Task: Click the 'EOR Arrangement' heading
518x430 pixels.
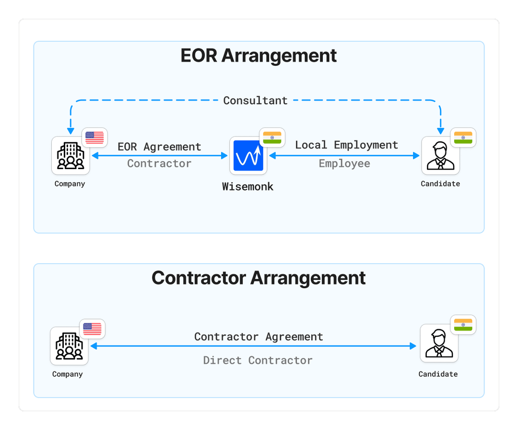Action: click(259, 56)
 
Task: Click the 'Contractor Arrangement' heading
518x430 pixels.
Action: click(259, 278)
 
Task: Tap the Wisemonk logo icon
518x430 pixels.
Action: click(248, 156)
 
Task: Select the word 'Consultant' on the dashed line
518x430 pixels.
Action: click(255, 101)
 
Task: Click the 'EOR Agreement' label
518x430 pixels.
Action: click(159, 147)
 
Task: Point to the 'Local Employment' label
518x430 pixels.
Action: click(346, 145)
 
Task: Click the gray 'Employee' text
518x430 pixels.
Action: click(344, 164)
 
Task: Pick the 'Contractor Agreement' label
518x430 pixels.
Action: click(259, 337)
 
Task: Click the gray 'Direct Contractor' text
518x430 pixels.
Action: click(258, 360)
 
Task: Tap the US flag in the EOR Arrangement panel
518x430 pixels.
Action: click(94, 138)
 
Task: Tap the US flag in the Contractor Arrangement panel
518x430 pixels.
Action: click(92, 329)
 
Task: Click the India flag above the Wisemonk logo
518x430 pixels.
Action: click(272, 137)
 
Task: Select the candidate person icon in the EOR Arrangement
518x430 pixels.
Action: click(440, 156)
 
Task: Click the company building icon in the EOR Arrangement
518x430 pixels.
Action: click(70, 156)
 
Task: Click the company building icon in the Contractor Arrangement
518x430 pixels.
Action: click(69, 346)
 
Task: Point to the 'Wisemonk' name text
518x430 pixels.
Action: click(247, 187)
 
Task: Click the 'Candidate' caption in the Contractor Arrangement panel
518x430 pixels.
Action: click(438, 374)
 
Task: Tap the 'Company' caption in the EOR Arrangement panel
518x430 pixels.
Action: click(70, 184)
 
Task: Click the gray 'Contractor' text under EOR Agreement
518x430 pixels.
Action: click(159, 164)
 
